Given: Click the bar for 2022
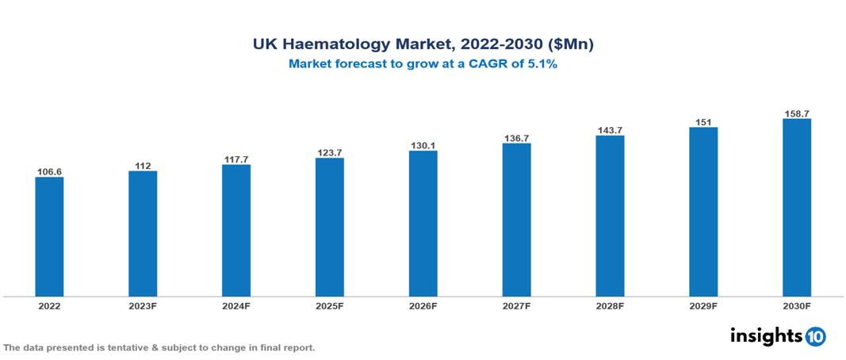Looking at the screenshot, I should (x=49, y=236).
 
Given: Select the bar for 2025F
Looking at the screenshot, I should (x=329, y=227).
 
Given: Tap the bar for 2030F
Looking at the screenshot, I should (x=796, y=208).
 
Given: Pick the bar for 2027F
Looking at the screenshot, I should (x=516, y=220).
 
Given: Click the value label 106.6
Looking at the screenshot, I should (x=49, y=171).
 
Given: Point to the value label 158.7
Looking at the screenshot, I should (x=796, y=113).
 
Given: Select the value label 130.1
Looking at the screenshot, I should (x=423, y=145).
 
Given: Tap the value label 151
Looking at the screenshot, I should (x=703, y=122).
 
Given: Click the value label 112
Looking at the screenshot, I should (x=143, y=166).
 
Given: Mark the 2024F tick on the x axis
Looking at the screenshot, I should (x=236, y=305).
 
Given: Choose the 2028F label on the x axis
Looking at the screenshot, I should (x=610, y=305).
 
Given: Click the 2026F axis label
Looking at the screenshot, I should (x=423, y=305).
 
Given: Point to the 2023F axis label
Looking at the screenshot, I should (x=143, y=305).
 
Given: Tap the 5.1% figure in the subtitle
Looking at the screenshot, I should (x=542, y=65).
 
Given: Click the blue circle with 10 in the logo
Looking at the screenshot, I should (x=815, y=336).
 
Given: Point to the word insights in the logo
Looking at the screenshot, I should (x=766, y=335).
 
